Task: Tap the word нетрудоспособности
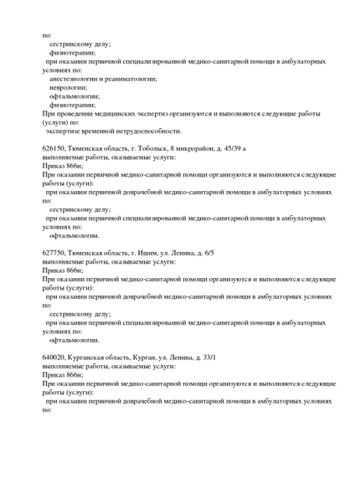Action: point(147,131)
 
